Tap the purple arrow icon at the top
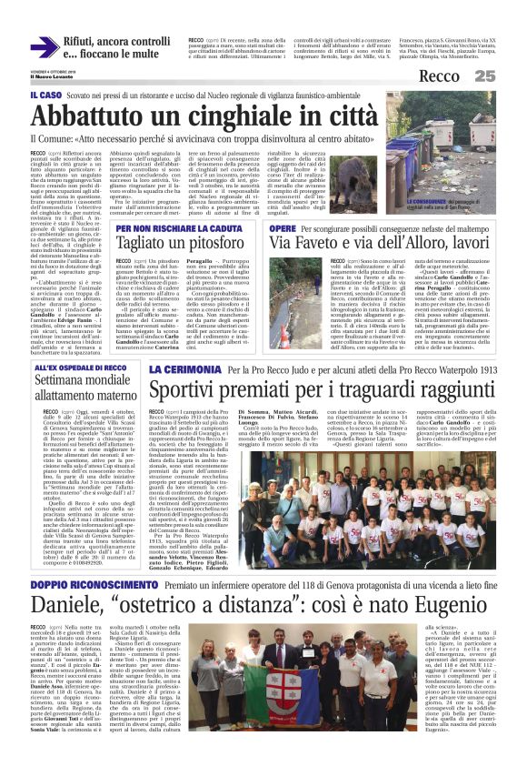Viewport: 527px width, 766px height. pyautogui.click(x=43, y=47)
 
